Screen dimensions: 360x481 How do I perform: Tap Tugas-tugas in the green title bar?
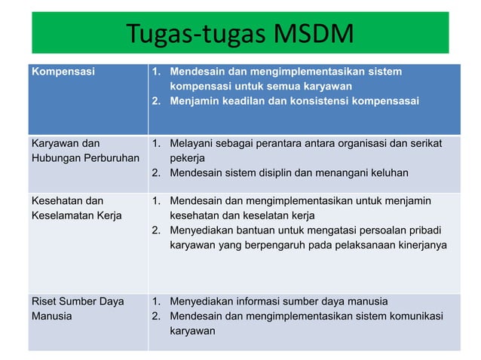[x=188, y=34]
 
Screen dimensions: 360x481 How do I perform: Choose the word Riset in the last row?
[x=43, y=301]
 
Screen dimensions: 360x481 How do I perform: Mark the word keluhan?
[x=388, y=172]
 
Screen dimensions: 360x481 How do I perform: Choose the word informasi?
[x=257, y=301]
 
